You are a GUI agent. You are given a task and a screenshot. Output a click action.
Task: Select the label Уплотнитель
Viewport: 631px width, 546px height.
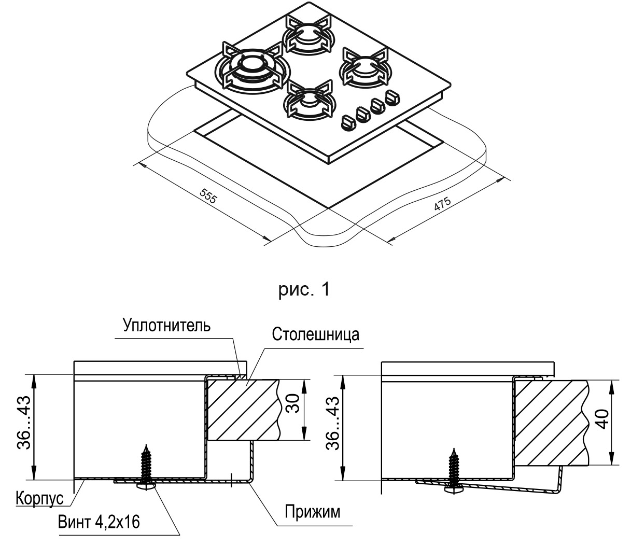tap(166, 326)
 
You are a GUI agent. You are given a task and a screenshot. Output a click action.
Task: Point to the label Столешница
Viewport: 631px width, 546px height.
tap(315, 334)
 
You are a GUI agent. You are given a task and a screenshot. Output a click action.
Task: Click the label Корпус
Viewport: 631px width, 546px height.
tap(39, 498)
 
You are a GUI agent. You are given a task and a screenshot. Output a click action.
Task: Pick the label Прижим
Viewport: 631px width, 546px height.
tap(313, 512)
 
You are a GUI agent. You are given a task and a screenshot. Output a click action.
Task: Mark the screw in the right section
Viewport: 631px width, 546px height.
tap(454, 469)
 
